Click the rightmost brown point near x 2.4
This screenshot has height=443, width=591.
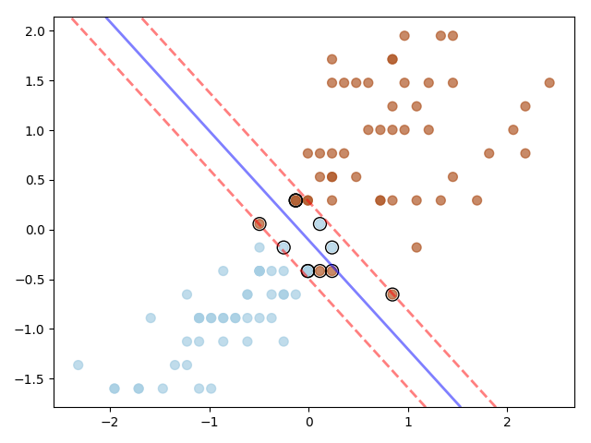point(549,82)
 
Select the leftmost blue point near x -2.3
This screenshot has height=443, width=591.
point(78,365)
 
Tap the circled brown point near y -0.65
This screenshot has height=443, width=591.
point(392,294)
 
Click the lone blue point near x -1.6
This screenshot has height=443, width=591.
point(151,317)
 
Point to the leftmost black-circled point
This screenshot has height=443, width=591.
point(259,223)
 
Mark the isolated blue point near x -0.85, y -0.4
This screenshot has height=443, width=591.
point(223,270)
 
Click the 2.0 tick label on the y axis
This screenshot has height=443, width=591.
point(34,31)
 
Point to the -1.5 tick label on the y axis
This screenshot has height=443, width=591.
point(31,379)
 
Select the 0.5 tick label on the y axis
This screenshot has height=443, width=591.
point(34,180)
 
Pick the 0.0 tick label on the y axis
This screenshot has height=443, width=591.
point(34,230)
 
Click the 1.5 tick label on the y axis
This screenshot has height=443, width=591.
point(34,81)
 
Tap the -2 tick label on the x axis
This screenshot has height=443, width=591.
point(110,423)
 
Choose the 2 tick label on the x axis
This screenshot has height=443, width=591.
point(507,423)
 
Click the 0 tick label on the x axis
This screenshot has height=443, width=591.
point(308,423)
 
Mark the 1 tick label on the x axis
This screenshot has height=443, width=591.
point(408,423)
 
